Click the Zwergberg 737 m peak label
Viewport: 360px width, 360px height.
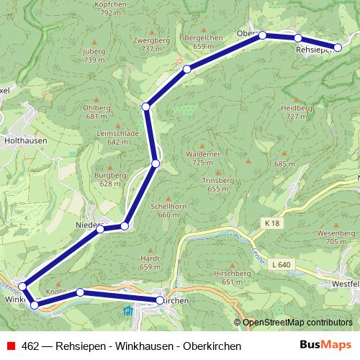coord(152,45)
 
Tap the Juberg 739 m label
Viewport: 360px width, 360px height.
coord(94,55)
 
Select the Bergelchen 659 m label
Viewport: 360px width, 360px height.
coord(204,41)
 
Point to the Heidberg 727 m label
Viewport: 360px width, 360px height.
coord(297,112)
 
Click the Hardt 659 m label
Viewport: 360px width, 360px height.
coord(150,262)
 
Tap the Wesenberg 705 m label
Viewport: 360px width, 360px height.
coord(341,238)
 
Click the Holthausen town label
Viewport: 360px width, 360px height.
coord(25,141)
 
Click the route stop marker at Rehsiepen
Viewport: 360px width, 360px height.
coord(338,48)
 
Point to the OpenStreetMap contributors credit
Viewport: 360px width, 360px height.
coord(297,323)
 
